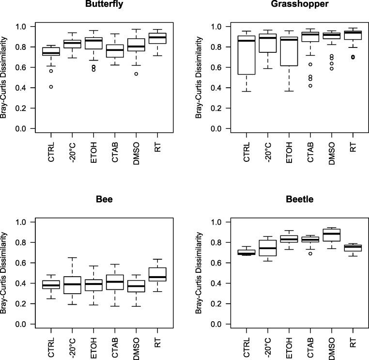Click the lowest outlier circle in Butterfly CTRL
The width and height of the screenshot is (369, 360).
pyautogui.click(x=51, y=87)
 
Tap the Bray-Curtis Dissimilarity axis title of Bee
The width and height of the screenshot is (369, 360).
pyautogui.click(x=5, y=273)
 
